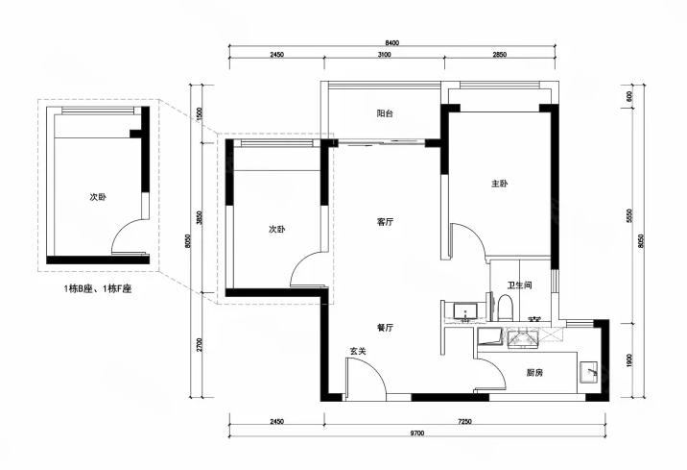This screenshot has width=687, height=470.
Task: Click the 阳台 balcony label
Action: click(385, 113)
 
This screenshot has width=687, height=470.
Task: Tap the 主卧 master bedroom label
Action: click(500, 184)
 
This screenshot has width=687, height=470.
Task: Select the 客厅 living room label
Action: click(385, 222)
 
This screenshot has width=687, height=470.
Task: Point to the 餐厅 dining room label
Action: click(385, 328)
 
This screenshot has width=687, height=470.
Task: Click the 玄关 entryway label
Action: click(358, 351)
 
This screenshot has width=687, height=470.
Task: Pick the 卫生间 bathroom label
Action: click(520, 285)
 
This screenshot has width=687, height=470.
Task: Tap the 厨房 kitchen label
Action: click(534, 373)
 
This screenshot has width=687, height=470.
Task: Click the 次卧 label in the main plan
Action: click(277, 229)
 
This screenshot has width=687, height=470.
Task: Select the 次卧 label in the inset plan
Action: click(98, 197)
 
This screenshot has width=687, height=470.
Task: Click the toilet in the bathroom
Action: click(505, 309)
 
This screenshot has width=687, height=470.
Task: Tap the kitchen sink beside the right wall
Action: click(589, 372)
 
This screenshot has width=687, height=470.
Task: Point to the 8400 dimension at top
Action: click(392, 43)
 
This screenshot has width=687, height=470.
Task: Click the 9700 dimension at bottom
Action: click(417, 433)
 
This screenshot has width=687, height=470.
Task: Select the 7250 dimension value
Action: click(464, 422)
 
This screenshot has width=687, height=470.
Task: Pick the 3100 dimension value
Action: click(384, 55)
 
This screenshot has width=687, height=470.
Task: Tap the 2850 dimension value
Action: click(500, 55)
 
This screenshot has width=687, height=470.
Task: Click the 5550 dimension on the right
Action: click(629, 216)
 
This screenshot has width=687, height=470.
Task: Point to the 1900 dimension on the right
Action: click(629, 359)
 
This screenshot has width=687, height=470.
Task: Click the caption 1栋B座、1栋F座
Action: click(98, 288)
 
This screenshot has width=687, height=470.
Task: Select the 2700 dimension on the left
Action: click(200, 344)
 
